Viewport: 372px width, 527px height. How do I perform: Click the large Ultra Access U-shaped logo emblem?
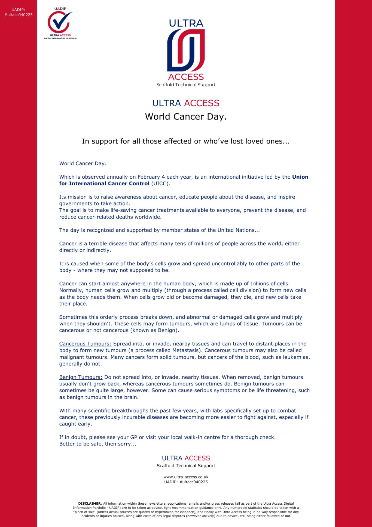coord(186,50)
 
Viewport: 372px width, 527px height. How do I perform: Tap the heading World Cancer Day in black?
coord(186,117)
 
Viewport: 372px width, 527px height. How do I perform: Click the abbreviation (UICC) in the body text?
coord(161,184)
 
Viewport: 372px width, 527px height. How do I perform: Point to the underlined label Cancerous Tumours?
coord(85,344)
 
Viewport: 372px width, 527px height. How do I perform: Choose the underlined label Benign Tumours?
coord(81,377)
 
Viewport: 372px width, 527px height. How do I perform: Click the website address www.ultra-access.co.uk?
coord(186,477)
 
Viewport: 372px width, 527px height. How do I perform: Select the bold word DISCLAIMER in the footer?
coord(89,504)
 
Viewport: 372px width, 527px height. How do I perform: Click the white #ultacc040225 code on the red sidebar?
coord(19,15)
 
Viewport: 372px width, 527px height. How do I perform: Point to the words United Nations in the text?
coord(236,230)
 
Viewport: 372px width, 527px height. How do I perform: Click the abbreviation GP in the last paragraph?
coord(134,437)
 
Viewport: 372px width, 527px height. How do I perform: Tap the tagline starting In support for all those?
coord(186,141)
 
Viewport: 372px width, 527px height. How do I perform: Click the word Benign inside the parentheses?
coord(167,330)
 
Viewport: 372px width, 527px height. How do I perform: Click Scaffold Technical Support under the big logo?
coord(186,85)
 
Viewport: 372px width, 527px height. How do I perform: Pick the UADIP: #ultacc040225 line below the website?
coord(186,482)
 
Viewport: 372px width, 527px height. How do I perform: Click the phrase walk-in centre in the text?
coord(200,437)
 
